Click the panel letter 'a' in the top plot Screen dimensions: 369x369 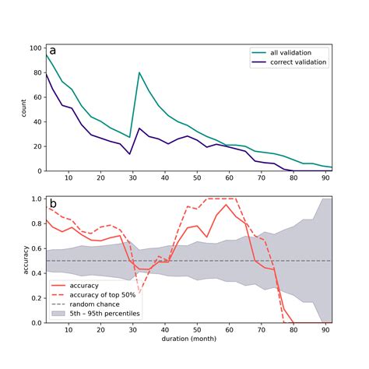(x=53, y=51)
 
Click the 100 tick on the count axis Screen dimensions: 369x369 (x=35, y=48)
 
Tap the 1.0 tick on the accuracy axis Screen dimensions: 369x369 (x=37, y=199)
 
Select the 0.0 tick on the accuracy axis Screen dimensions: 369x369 (x=37, y=322)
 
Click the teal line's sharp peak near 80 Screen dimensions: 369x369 (x=139, y=72)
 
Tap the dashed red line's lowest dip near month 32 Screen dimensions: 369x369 (x=139, y=293)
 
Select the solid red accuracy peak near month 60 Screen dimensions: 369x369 (x=227, y=205)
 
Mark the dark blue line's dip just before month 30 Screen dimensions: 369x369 (x=129, y=154)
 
